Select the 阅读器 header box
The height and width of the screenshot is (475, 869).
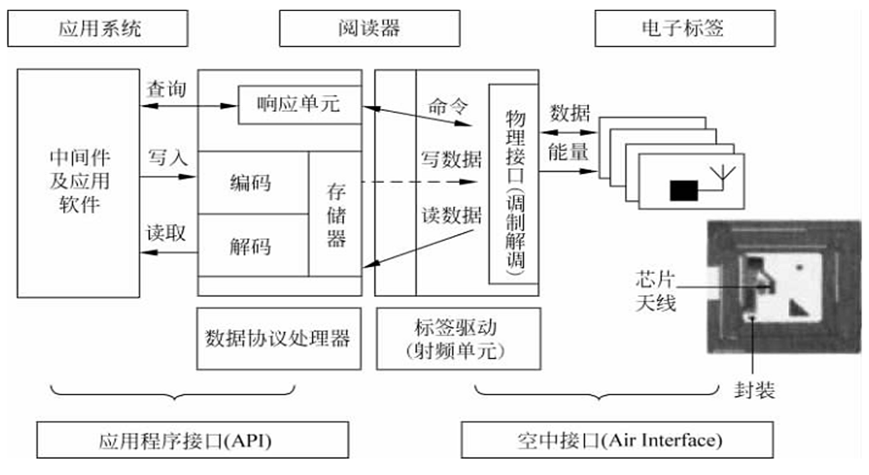369,29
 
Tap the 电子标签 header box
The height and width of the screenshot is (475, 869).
684,29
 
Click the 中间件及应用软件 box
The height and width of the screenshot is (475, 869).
79,182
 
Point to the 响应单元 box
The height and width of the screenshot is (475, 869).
299,104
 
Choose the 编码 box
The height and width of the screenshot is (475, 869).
252,182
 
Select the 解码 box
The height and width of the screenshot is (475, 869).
252,246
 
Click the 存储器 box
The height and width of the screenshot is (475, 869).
335,214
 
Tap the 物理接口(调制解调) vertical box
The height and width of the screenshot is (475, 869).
514,184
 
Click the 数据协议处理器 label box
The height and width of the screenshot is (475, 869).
279,338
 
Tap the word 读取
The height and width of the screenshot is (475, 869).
166,234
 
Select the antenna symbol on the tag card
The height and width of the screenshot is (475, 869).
722,174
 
